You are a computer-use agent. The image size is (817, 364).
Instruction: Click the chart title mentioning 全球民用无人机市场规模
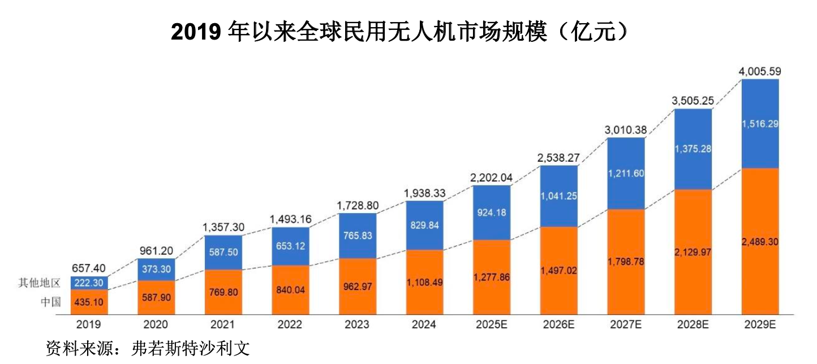[x=400, y=32]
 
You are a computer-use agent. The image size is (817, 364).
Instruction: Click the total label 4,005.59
[x=760, y=72]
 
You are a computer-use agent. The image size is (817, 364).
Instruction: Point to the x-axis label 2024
[x=424, y=324]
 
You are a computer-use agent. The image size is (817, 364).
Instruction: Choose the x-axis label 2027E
[x=626, y=324]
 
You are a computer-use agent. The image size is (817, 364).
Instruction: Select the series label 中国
[x=50, y=302]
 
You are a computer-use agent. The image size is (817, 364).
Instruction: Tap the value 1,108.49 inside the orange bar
[x=424, y=281]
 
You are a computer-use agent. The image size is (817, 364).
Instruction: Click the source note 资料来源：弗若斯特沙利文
[x=147, y=347]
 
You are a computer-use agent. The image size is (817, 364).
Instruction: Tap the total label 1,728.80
[x=358, y=205]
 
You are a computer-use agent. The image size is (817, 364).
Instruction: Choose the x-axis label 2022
[x=290, y=324]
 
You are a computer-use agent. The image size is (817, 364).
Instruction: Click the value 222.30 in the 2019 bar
[x=89, y=283]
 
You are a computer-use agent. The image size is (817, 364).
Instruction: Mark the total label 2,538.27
[x=559, y=158]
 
